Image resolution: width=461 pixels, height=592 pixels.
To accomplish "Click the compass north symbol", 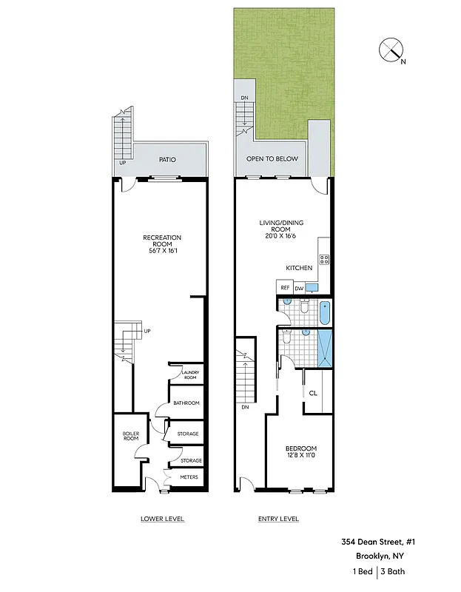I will coord(390,50).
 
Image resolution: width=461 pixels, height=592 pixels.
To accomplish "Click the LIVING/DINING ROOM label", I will coord(280,229).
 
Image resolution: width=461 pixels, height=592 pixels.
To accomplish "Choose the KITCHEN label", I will coord(299,267).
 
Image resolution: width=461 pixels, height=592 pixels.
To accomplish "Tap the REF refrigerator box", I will coord(284,288).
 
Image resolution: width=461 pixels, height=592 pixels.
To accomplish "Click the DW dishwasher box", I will coord(299,288).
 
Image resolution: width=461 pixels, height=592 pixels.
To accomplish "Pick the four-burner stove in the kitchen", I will coord(324,259).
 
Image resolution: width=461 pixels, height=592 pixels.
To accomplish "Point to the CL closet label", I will coord(313,393).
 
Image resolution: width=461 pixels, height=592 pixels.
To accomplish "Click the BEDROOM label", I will coord(301,452).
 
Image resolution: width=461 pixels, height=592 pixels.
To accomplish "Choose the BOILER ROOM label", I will coord(130,436).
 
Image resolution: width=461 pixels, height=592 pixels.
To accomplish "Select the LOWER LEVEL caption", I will coord(162,519).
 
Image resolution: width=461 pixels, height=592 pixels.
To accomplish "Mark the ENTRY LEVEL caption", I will coord(278,519).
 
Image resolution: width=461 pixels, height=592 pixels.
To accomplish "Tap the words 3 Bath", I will coord(393,571).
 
